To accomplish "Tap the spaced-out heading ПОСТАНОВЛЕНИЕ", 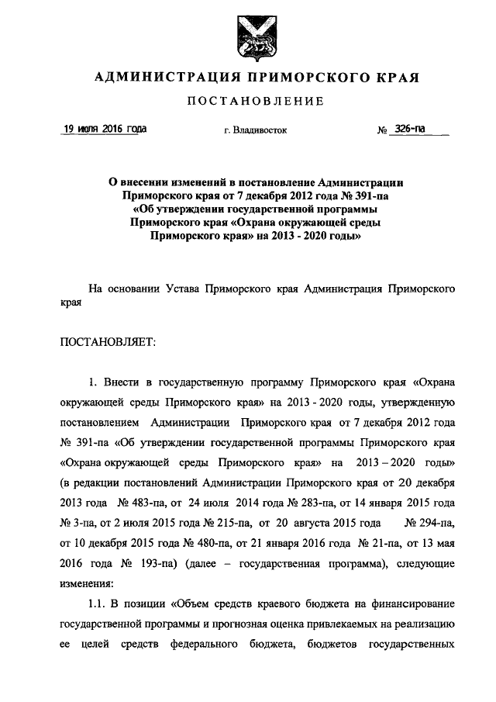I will point(248,101).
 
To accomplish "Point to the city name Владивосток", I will point(255,130).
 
